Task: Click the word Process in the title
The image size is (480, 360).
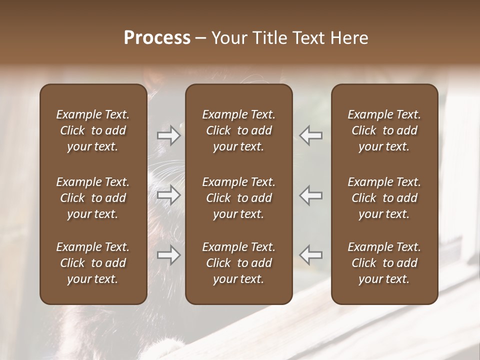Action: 157,38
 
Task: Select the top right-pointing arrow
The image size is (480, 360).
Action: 169,135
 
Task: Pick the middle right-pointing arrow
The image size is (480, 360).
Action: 169,195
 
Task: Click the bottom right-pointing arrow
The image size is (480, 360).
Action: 169,255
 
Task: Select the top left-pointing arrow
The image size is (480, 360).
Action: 310,135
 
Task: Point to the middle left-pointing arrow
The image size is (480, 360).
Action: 310,195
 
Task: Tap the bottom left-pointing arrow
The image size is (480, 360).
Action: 310,255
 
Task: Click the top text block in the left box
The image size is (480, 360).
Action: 93,130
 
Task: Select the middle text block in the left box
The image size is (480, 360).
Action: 93,198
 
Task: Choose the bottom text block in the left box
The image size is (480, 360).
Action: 93,263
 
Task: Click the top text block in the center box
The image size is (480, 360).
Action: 238,130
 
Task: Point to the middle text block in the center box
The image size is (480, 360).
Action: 238,198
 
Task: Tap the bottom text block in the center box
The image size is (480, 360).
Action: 238,263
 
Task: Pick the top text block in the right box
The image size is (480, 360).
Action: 384,130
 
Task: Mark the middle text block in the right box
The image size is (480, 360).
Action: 384,198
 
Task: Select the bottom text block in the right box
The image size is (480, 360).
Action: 384,263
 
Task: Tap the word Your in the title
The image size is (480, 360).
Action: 228,38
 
